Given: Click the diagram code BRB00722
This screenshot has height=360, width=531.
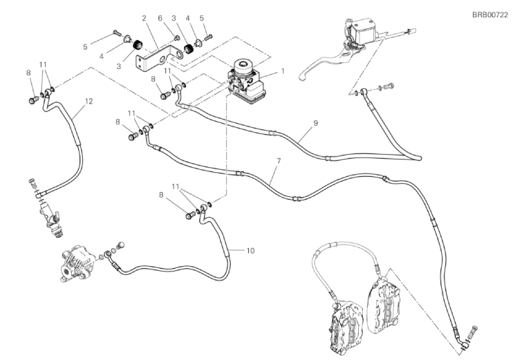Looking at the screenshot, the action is click(490, 15).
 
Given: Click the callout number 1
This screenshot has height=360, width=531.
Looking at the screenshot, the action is click(282, 71).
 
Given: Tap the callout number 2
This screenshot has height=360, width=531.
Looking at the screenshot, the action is click(144, 18).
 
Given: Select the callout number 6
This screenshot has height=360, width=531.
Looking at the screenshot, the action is click(160, 18).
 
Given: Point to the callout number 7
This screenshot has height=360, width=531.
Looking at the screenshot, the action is click(279, 161).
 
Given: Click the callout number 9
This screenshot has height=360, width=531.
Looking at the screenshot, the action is click(315, 123).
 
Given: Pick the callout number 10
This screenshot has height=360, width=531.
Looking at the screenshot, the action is click(250, 251).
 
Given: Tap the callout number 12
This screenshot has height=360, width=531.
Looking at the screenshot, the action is click(88, 101).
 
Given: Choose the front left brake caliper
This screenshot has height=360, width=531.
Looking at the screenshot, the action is click(344, 325).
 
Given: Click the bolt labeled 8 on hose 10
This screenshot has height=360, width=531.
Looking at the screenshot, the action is click(190, 215).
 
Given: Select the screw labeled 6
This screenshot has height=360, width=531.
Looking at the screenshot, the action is click(177, 37).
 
